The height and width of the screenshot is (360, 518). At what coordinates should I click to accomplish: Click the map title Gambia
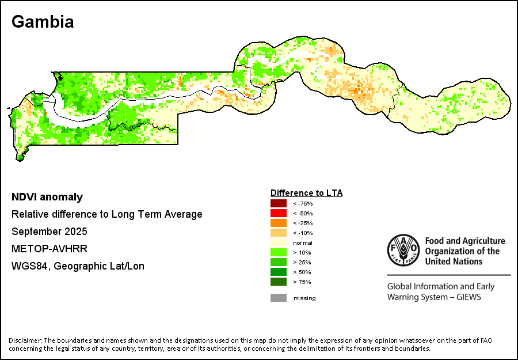point(43,22)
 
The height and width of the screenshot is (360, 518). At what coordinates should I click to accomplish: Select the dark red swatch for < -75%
point(279,203)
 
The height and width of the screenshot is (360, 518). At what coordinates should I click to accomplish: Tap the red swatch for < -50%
point(279,213)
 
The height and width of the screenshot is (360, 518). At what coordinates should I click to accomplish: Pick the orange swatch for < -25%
point(279,223)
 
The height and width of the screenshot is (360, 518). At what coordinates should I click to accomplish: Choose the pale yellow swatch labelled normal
point(279,242)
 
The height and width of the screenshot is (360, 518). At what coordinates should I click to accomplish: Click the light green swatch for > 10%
point(279,252)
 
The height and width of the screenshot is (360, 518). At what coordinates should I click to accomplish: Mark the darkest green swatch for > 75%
point(279,282)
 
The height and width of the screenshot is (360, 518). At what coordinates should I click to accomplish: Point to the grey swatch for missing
point(279,298)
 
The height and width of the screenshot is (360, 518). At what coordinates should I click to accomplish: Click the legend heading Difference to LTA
point(306,193)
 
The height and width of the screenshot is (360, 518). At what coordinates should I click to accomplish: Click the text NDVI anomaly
point(47,197)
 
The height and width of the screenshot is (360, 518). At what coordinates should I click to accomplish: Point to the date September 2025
point(49,232)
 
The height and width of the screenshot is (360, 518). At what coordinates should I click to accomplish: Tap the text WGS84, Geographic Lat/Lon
point(78,266)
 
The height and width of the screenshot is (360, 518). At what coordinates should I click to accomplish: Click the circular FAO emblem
point(403,251)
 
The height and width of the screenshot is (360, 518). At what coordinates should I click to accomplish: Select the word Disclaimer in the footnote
point(25,340)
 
